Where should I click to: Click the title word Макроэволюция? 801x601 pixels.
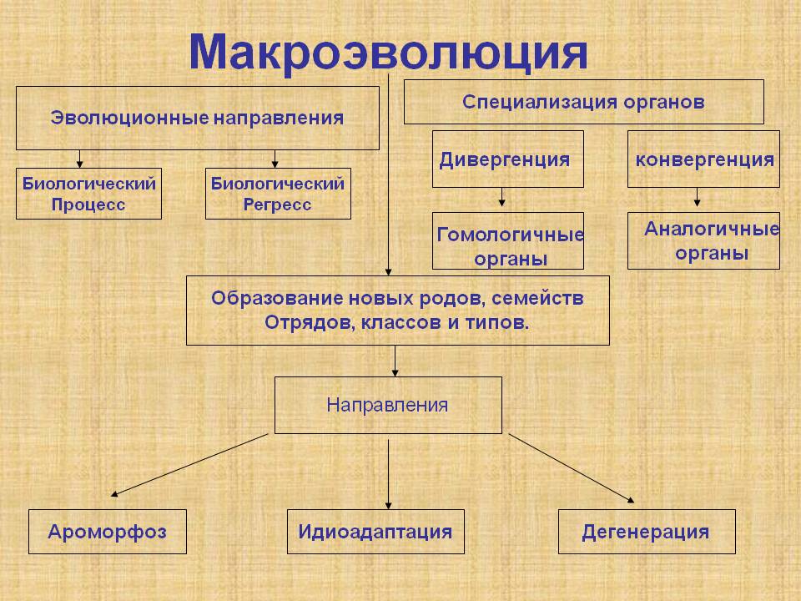(388, 52)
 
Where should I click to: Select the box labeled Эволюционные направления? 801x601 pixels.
(198, 118)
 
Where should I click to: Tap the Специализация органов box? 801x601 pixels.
(584, 102)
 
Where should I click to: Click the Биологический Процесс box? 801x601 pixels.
(89, 194)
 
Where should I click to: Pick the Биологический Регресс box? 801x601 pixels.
(278, 194)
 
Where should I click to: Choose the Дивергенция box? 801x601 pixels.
(508, 159)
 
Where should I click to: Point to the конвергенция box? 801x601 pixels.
(703, 159)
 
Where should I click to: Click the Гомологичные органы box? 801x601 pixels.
(508, 240)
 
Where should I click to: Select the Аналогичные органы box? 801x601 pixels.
(703, 240)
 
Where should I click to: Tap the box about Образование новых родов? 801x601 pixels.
(398, 311)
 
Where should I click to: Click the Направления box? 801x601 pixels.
(388, 406)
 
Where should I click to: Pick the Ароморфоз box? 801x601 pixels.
(108, 532)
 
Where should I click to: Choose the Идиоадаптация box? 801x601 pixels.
(375, 532)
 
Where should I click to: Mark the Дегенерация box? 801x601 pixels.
(647, 532)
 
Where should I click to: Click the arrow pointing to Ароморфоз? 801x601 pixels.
(189, 465)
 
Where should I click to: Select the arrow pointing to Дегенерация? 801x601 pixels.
(572, 468)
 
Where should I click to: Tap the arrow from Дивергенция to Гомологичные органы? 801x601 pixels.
(502, 197)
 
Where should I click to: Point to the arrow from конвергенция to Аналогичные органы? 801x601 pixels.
(698, 197)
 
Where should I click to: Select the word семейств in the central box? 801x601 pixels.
(537, 299)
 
